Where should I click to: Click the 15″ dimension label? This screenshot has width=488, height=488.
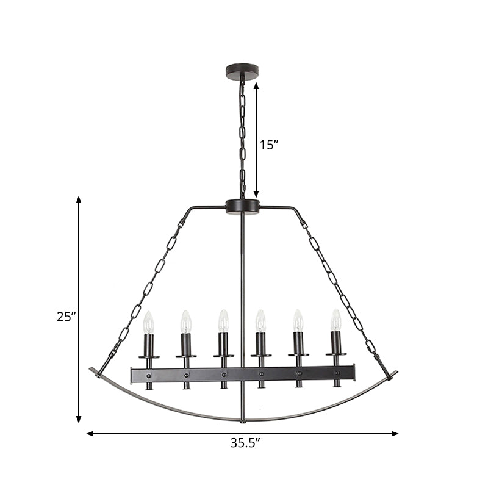click(x=268, y=145)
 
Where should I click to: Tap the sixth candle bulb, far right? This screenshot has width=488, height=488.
click(x=335, y=320)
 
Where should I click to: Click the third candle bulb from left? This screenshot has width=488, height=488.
click(x=223, y=321)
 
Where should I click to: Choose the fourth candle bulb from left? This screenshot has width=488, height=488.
click(x=260, y=321)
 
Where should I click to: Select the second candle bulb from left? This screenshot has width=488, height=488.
click(x=186, y=321)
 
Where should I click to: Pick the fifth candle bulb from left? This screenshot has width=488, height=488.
click(x=298, y=320)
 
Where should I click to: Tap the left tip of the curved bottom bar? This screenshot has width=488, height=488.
click(x=93, y=371)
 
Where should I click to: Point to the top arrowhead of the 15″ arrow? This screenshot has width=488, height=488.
click(x=256, y=84)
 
